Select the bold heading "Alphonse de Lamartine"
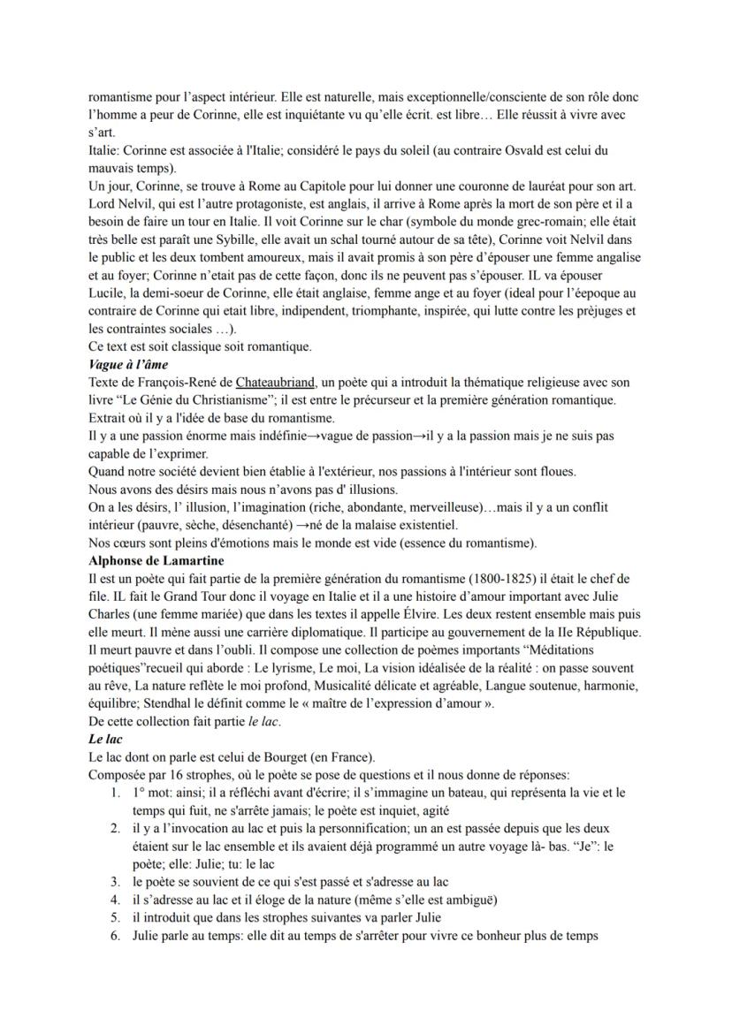pos(156,560)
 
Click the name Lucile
pos(108,292)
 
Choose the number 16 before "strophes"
pos(175,775)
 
